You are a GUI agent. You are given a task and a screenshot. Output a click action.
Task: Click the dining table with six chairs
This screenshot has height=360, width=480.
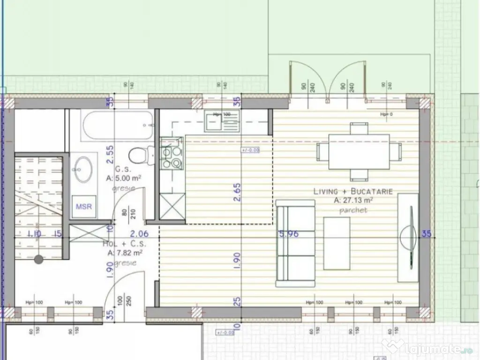point(359,151)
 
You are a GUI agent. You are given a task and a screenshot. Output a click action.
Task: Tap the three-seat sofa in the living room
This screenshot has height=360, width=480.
point(295,243)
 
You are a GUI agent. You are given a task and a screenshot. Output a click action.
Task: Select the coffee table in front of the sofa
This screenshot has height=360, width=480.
point(337,243)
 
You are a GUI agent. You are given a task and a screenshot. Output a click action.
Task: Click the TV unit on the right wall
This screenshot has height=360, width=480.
point(407,238)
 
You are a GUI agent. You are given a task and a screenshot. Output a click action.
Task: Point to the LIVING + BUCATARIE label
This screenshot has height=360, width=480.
point(353,191)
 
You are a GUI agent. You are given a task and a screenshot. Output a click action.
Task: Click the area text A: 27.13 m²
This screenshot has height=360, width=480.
point(353,200)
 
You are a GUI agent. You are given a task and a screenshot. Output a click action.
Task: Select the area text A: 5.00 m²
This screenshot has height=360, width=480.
point(124,179)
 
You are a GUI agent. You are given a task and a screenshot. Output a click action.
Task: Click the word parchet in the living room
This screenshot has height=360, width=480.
point(353,210)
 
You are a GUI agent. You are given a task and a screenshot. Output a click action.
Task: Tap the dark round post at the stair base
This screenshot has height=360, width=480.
point(38,258)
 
